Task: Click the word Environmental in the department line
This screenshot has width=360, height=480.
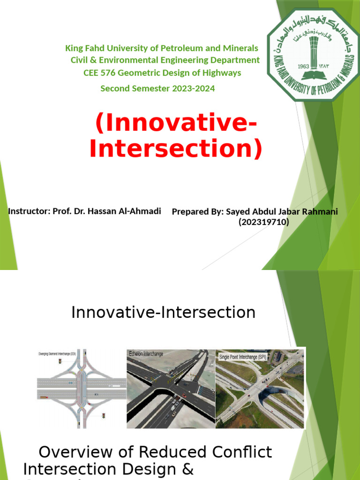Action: pos(133,60)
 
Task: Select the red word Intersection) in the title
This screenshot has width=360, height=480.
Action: pos(175,149)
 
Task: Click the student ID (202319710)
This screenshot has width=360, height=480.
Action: pos(264,222)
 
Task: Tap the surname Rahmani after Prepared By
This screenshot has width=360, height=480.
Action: pos(322,212)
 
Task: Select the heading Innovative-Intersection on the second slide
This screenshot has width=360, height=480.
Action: pos(164,312)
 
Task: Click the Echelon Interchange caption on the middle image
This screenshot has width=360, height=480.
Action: pos(146,354)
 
